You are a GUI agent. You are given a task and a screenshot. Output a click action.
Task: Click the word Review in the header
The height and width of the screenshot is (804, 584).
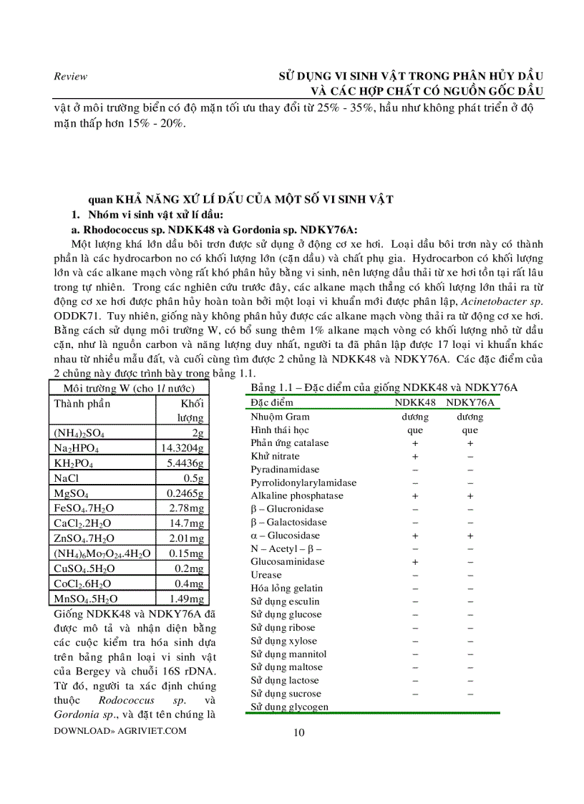70,77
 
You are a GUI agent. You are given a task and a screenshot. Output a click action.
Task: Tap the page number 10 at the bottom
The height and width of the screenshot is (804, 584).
299,732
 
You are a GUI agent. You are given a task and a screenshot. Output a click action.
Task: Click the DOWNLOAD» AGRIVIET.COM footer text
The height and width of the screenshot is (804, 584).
120,730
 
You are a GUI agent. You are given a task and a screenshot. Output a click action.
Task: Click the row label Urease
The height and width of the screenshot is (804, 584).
266,575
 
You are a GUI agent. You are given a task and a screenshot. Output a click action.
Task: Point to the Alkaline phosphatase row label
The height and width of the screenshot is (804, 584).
297,495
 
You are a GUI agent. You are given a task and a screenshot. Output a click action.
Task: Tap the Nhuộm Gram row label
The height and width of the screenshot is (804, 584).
280,416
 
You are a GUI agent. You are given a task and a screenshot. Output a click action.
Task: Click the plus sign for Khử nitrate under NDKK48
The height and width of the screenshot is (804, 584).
415,456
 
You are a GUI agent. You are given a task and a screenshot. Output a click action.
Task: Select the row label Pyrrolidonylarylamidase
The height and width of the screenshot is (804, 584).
303,483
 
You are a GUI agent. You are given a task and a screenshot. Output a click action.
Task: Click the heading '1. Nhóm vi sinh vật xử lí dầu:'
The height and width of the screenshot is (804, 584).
147,215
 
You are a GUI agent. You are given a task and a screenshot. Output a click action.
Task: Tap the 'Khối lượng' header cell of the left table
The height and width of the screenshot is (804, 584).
190,410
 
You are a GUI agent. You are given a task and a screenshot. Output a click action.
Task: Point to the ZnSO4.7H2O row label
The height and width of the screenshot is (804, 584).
84,538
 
